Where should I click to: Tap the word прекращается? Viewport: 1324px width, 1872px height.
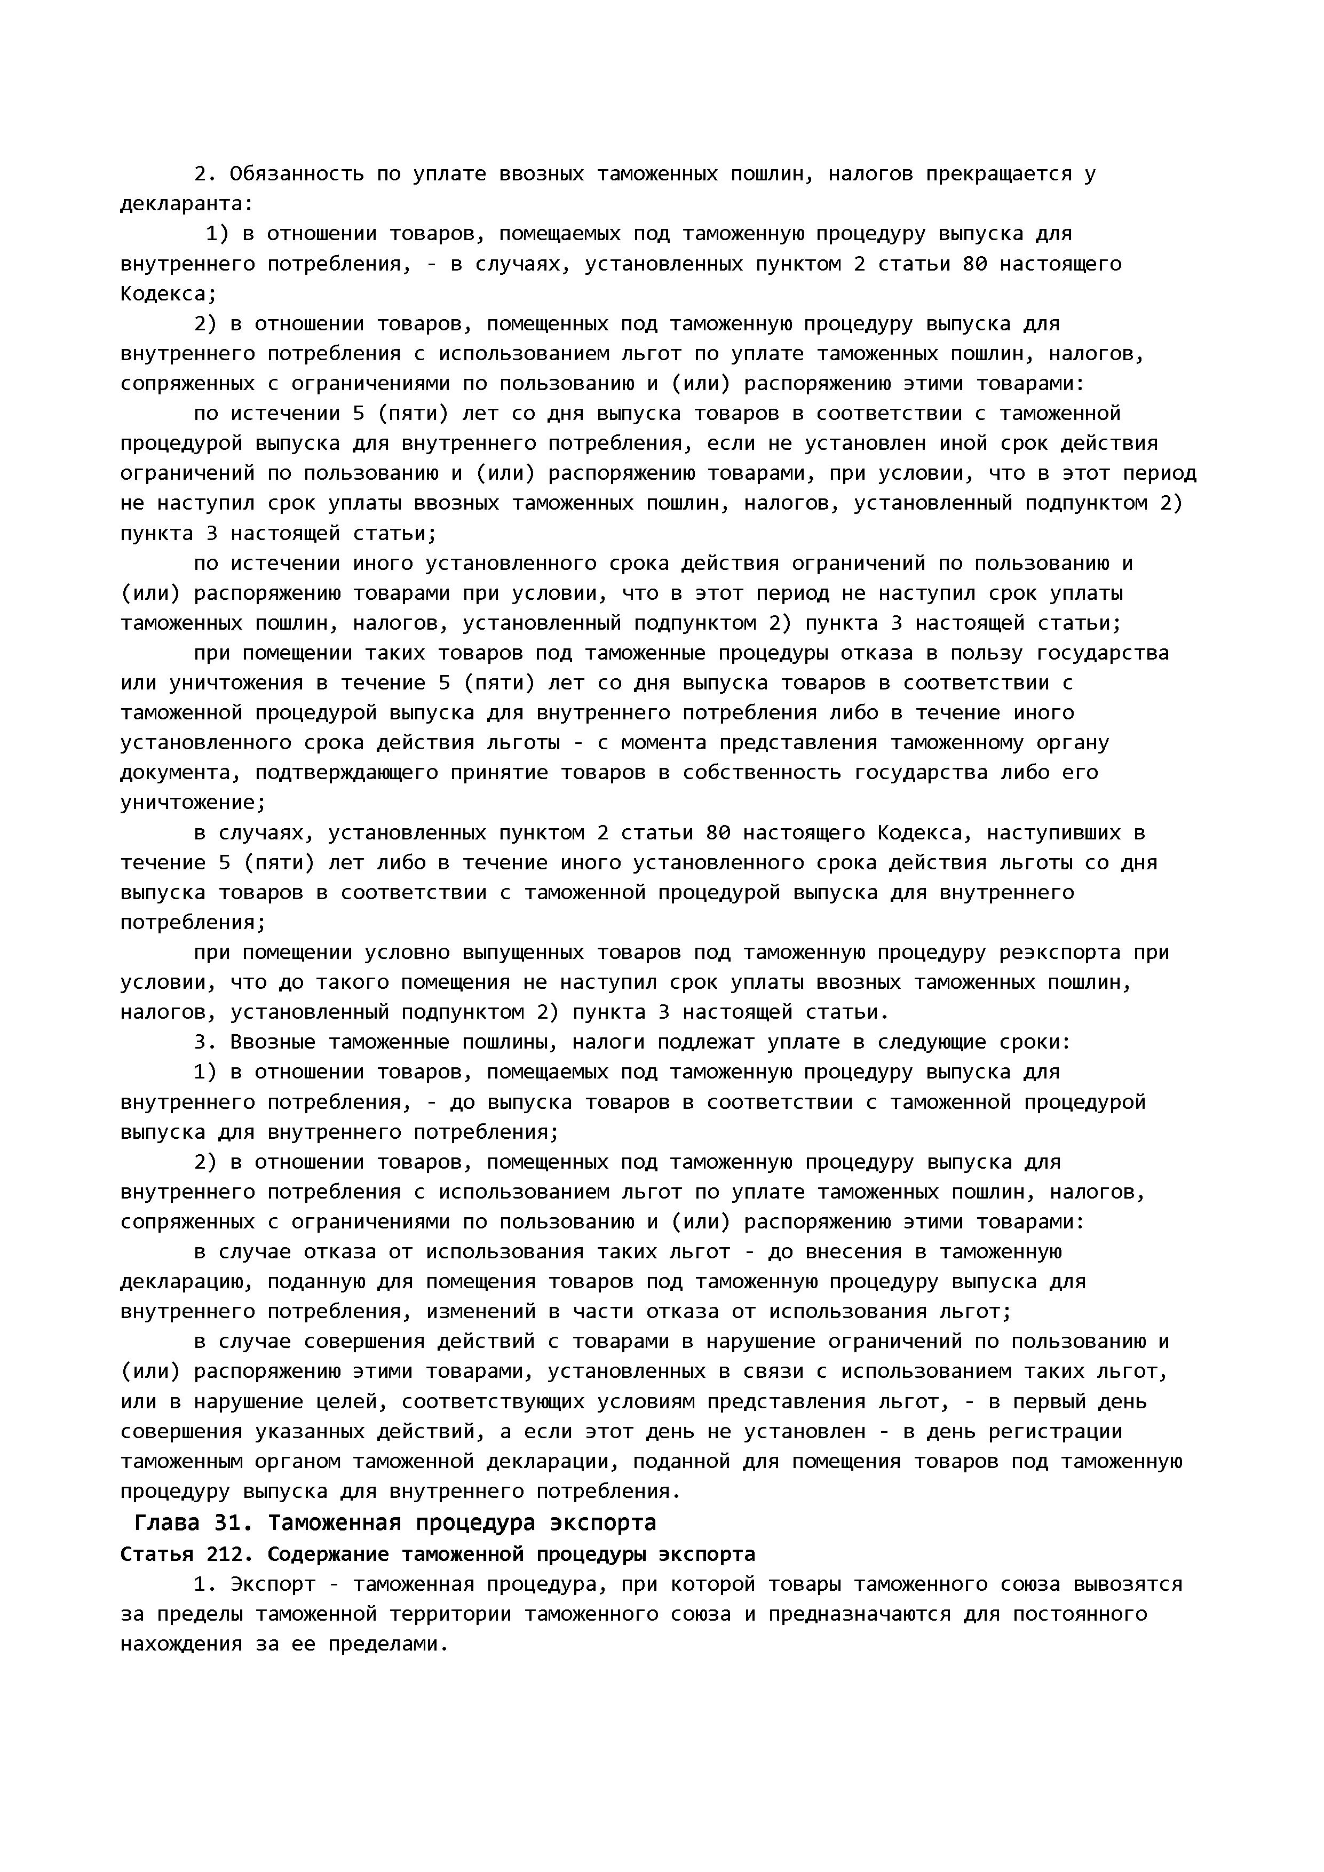point(998,173)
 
